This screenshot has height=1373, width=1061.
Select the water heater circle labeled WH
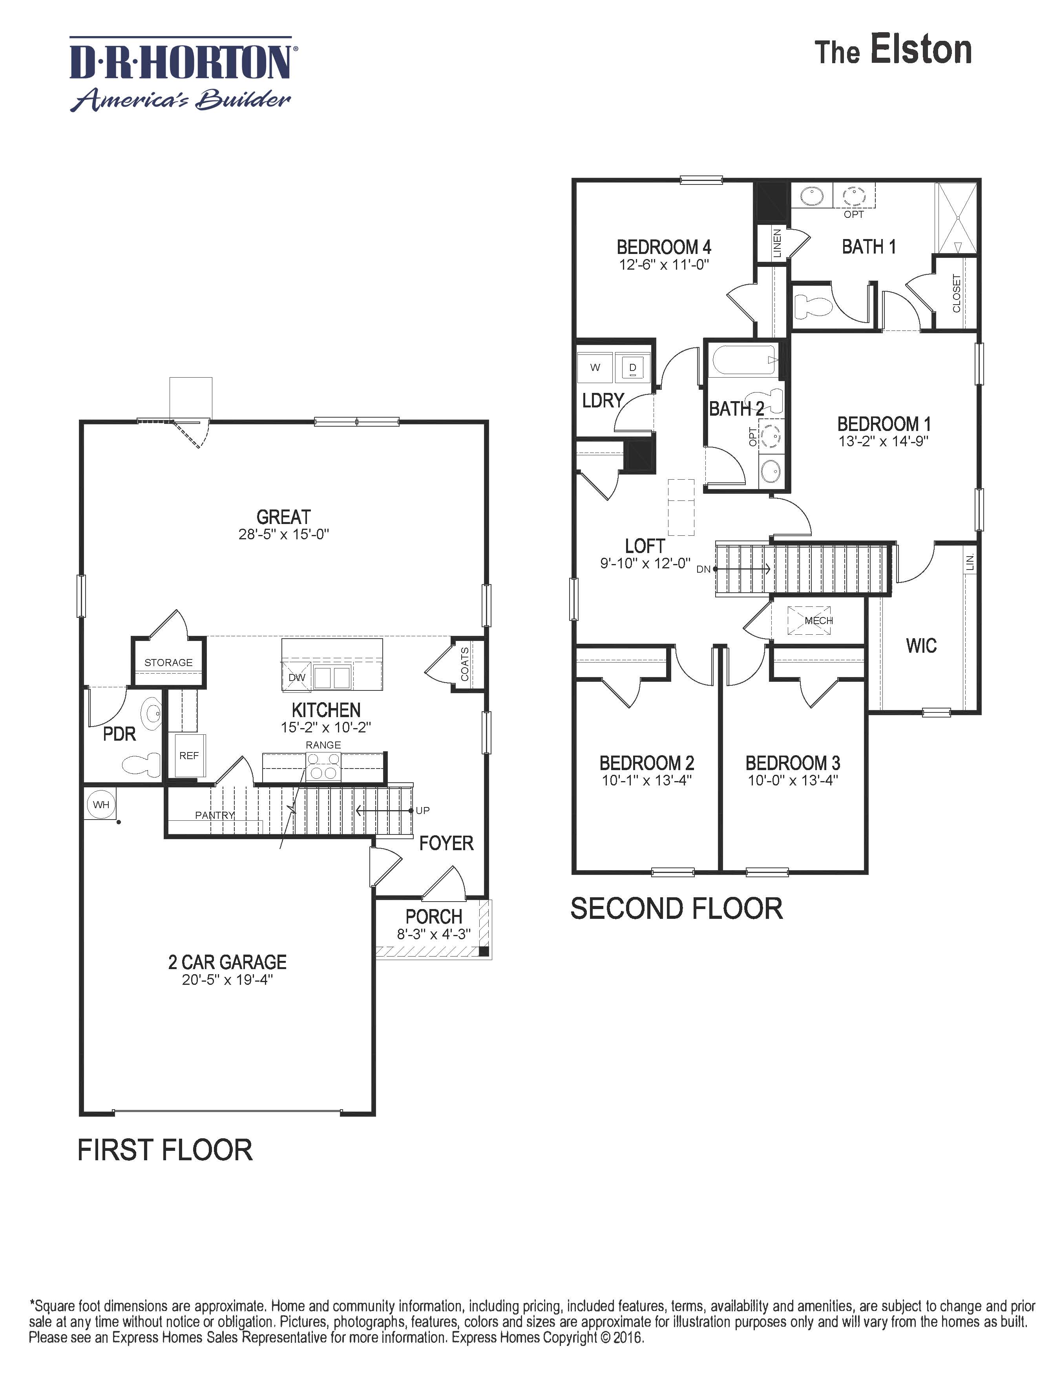click(x=100, y=805)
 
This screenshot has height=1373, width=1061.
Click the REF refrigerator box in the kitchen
click(x=188, y=756)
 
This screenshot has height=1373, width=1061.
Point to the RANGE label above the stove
click(x=323, y=745)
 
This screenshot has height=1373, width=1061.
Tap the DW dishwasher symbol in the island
click(x=296, y=677)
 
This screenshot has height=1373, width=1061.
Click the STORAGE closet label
click(x=168, y=663)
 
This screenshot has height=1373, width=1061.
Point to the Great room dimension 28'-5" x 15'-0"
click(x=283, y=534)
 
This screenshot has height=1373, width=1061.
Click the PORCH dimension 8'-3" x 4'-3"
click(x=433, y=934)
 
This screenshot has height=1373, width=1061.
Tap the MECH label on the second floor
click(x=818, y=621)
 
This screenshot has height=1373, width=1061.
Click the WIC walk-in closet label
click(x=921, y=646)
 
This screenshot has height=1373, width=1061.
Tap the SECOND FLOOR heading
click(x=676, y=909)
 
